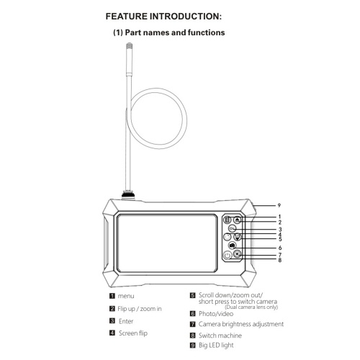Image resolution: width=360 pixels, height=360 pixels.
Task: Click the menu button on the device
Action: (x=228, y=220)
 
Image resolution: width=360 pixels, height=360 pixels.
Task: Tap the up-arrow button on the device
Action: (x=238, y=220)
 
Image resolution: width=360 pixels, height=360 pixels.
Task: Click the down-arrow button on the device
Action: (x=238, y=237)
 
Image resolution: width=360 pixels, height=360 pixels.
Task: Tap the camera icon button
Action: (x=232, y=246)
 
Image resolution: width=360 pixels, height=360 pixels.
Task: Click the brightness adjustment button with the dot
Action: (x=238, y=254)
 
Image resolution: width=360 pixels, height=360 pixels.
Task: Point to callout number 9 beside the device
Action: (x=279, y=205)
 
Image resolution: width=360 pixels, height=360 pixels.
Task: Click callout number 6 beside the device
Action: (x=280, y=248)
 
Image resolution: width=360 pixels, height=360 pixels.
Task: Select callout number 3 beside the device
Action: (x=280, y=230)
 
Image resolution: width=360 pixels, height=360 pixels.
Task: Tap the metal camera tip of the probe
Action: (x=130, y=47)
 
